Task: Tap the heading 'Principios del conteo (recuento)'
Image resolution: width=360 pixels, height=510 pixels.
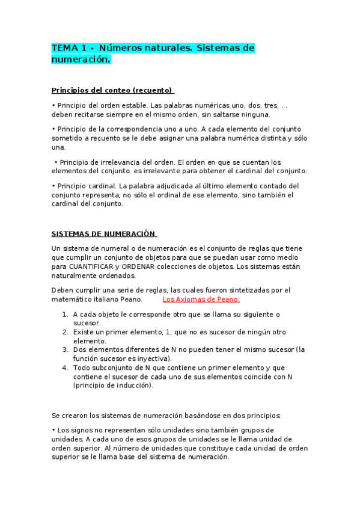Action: point(112,90)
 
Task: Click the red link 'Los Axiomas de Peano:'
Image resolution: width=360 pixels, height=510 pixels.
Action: point(201,299)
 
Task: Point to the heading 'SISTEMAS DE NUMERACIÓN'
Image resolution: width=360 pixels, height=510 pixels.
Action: point(103,234)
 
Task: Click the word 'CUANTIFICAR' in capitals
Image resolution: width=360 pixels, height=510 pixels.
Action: point(93,267)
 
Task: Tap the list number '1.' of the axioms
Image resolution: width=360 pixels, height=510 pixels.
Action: point(65,314)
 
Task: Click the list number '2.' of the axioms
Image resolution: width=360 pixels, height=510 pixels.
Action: point(65,331)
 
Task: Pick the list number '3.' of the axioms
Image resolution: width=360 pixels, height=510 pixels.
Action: point(65,349)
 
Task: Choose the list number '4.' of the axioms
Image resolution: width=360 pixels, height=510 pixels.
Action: point(65,367)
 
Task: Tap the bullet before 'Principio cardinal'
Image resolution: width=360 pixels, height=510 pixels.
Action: point(53,186)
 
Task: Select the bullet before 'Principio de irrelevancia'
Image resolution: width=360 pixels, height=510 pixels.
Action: point(56,162)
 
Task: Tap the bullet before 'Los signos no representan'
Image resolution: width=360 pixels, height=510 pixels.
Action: point(53,430)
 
